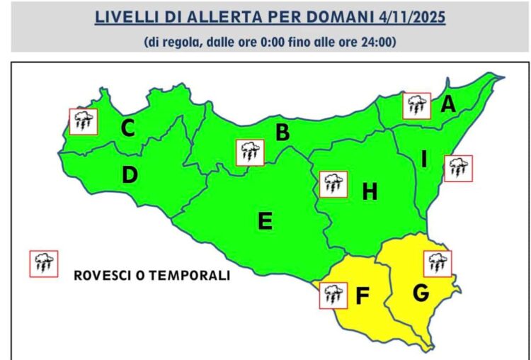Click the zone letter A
[x=447, y=105]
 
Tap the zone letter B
[x=282, y=133]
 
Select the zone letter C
[x=128, y=129]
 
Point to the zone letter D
[x=129, y=175]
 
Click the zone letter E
[x=265, y=222]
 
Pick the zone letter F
[x=362, y=296]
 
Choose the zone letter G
[x=421, y=292]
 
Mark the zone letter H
[x=370, y=191]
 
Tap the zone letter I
[x=424, y=160]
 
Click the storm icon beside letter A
[x=416, y=106]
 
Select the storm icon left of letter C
[x=84, y=121]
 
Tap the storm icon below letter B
[x=249, y=152]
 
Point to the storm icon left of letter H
[x=333, y=184]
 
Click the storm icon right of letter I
[x=457, y=169]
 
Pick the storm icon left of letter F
[x=333, y=295]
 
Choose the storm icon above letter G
[x=438, y=263]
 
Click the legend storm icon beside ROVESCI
[x=44, y=264]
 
